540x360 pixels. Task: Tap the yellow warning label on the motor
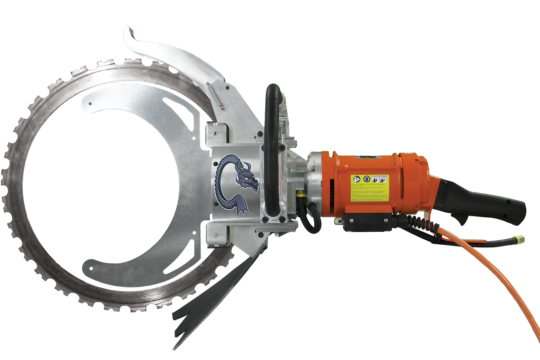(x=370, y=188)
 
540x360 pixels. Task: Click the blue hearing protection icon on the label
(x=366, y=179)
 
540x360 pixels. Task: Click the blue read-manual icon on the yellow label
(x=357, y=179)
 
